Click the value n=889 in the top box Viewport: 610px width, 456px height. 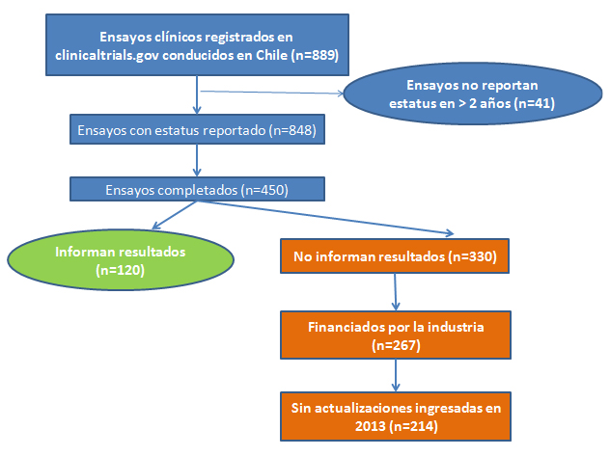click(x=315, y=55)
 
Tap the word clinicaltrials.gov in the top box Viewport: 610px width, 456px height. click(x=106, y=55)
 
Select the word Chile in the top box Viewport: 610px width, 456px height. click(x=271, y=55)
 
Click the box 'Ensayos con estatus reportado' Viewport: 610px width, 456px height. click(x=197, y=129)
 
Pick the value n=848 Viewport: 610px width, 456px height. click(x=293, y=130)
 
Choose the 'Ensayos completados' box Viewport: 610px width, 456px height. click(x=197, y=189)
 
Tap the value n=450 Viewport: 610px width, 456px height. click(x=264, y=190)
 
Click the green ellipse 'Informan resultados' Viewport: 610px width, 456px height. click(x=121, y=259)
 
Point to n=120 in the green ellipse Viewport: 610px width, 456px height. click(x=121, y=270)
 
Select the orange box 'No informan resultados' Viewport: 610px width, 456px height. click(x=395, y=256)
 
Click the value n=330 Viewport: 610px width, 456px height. click(x=472, y=256)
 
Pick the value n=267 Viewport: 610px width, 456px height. click(x=396, y=345)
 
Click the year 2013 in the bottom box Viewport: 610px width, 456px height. click(x=370, y=426)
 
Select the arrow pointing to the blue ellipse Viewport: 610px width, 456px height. click(x=272, y=93)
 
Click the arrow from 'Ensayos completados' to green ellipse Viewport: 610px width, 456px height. click(x=175, y=215)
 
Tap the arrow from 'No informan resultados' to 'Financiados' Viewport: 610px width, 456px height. click(x=396, y=292)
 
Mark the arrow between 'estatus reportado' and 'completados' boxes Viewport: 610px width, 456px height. click(x=197, y=161)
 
